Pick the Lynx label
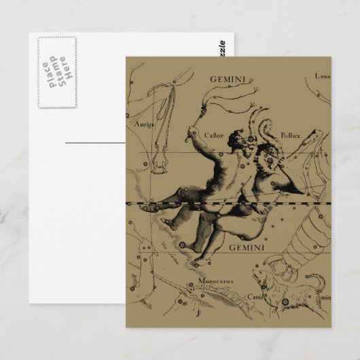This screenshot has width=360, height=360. pyautogui.click(x=322, y=77)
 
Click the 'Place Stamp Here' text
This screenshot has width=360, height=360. pyautogui.click(x=56, y=72)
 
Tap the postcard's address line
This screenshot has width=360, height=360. pyautogui.click(x=95, y=143)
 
